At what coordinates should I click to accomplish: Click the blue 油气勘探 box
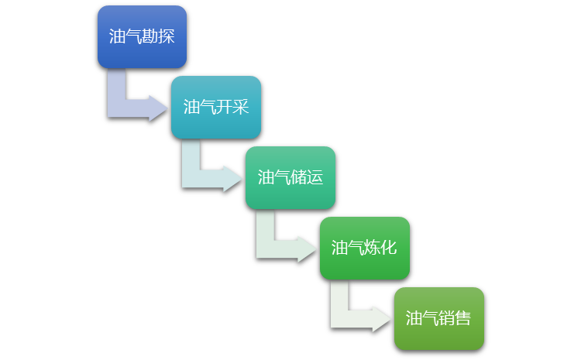point(142,36)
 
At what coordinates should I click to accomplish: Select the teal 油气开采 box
point(216,107)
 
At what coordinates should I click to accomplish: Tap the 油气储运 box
point(290,177)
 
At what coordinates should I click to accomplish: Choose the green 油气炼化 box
point(365,248)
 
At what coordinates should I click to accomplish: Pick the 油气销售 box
point(439,318)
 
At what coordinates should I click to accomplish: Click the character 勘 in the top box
point(150,36)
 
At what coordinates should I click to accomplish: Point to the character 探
point(166,36)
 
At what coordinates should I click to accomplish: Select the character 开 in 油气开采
point(224,107)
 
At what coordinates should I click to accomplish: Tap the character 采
point(241,107)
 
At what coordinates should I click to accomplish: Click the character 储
point(298,177)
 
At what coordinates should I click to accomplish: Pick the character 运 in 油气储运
point(315,177)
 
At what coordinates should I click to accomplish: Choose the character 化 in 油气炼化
point(389,248)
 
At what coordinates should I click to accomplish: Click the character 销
point(447,318)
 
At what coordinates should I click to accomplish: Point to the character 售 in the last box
point(463,318)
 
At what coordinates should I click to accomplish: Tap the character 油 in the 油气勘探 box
point(117,36)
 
